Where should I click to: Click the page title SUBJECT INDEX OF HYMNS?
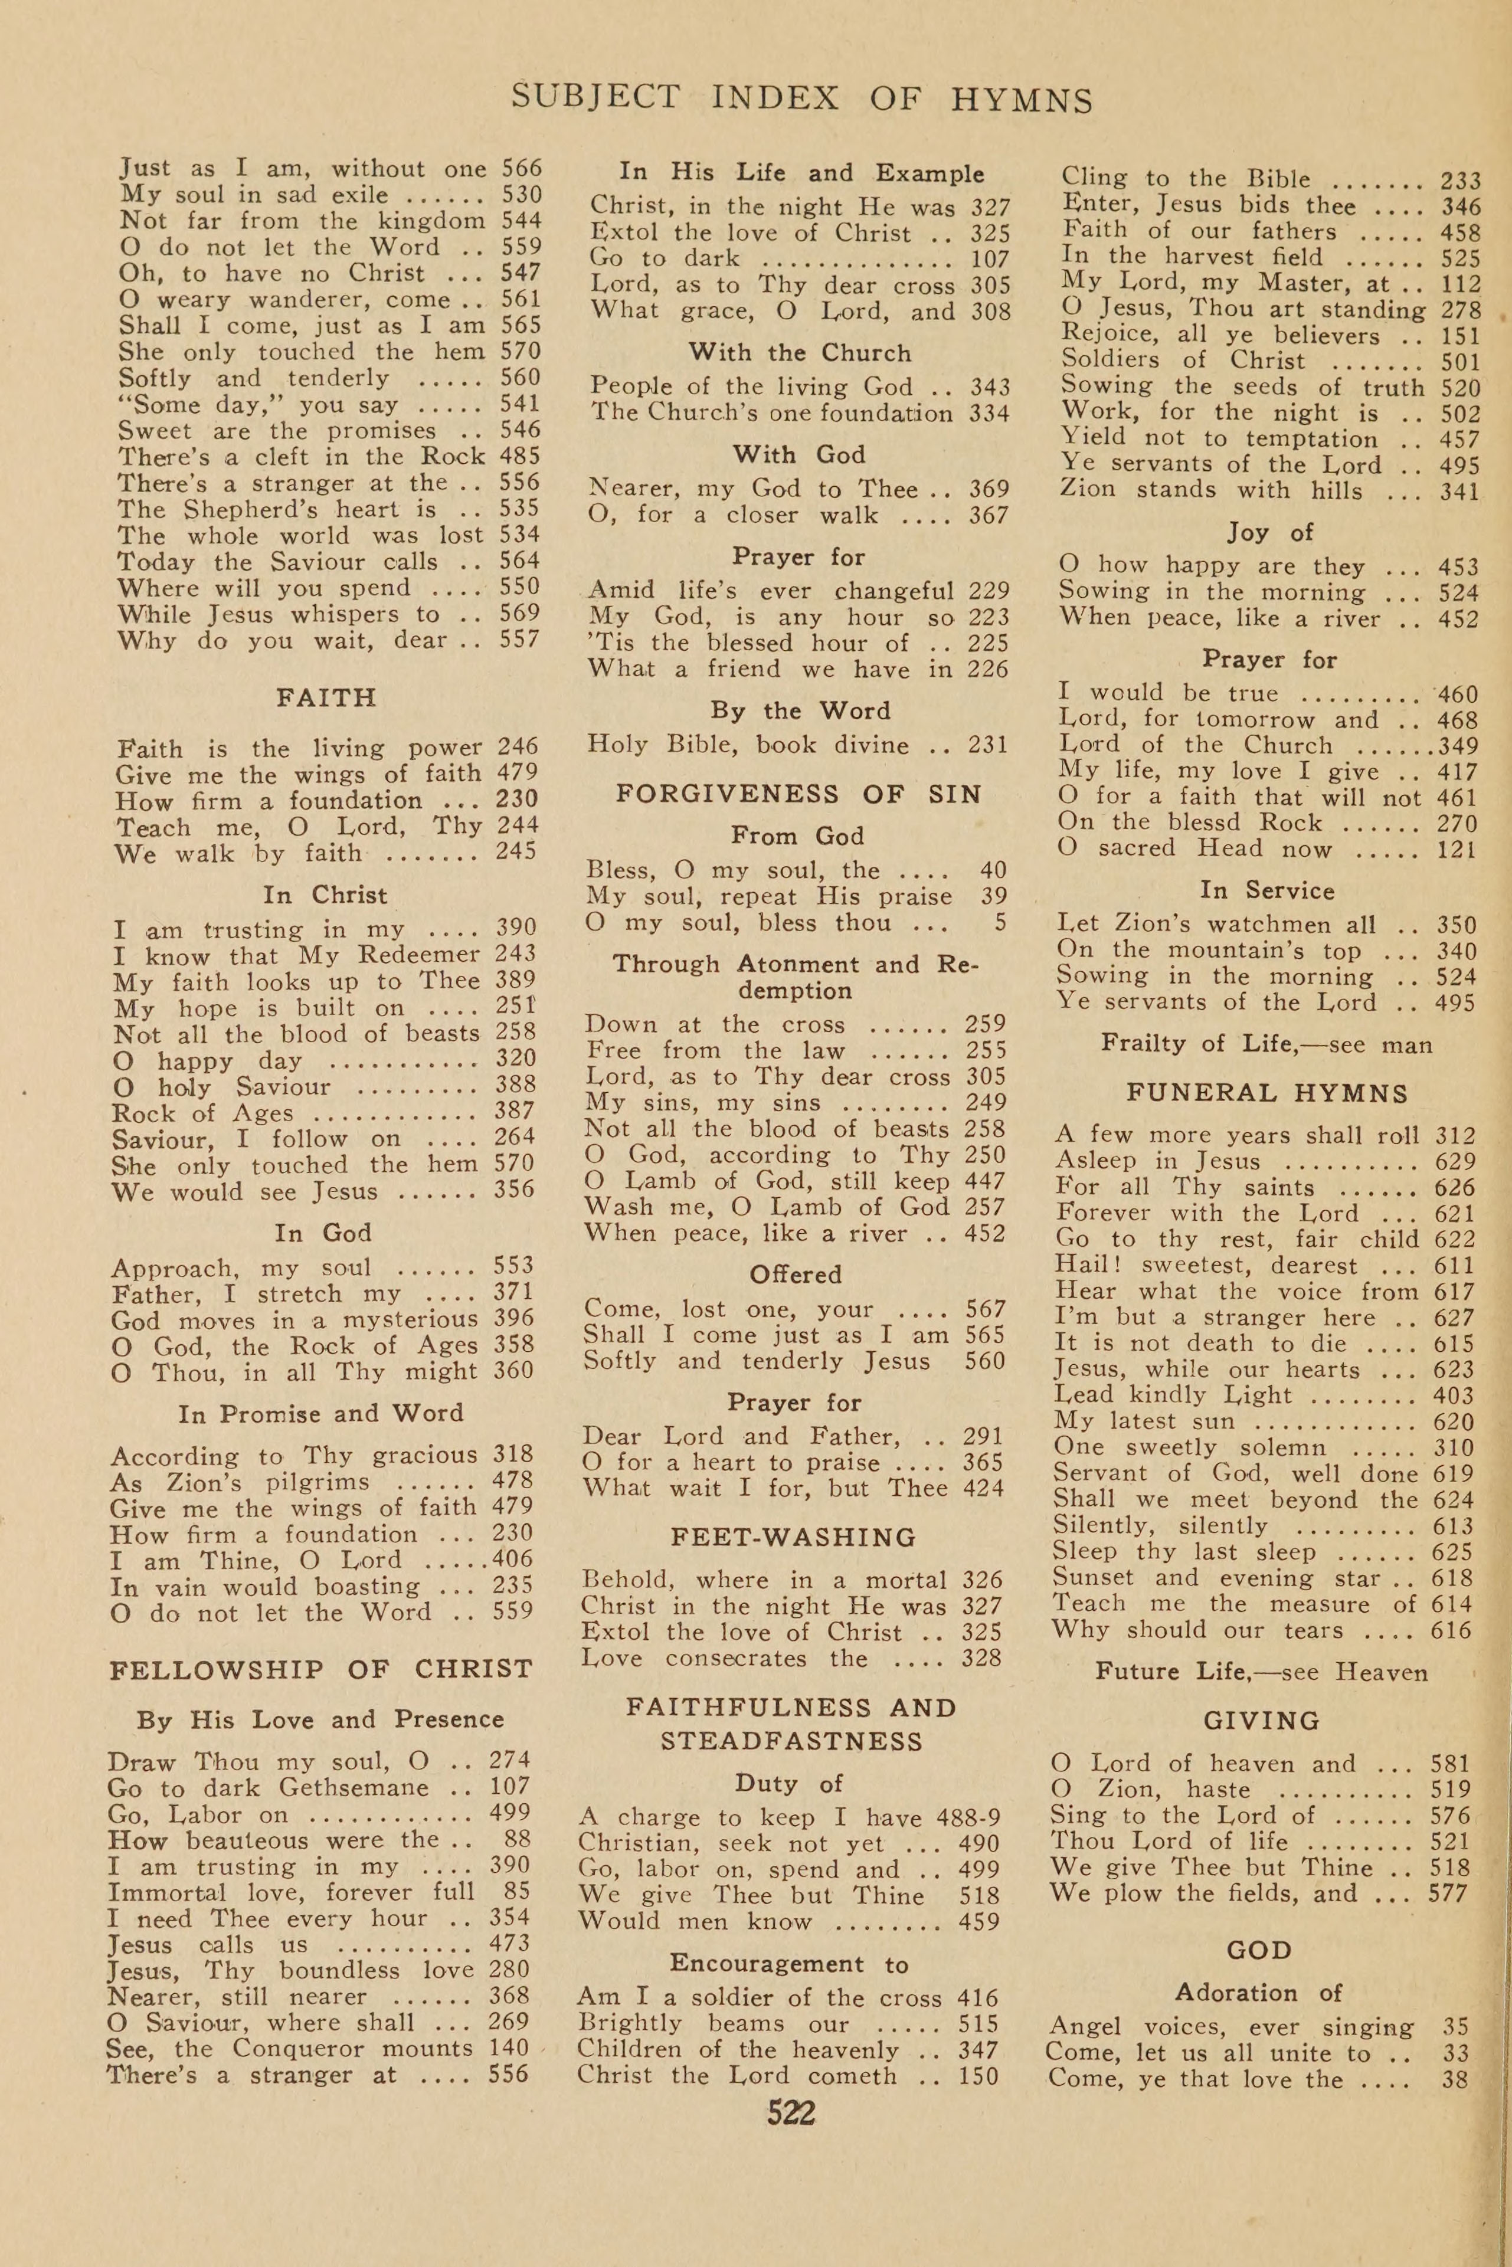point(801,99)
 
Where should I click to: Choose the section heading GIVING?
point(1261,1719)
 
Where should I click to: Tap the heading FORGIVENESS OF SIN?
point(798,794)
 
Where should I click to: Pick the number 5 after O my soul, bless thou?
point(1000,922)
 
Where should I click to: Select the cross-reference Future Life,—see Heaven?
point(1261,1671)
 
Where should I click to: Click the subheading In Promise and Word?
point(321,1413)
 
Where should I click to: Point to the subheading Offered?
point(796,1274)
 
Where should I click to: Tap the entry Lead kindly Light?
point(1187,1395)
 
